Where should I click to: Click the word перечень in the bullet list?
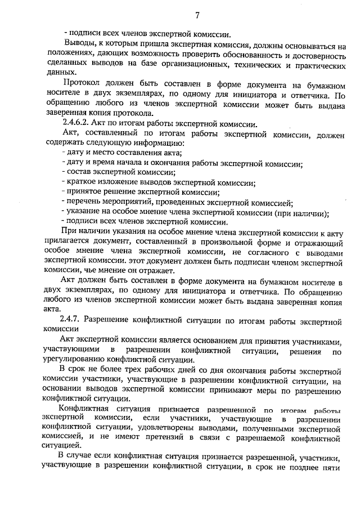[x=83, y=202]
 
